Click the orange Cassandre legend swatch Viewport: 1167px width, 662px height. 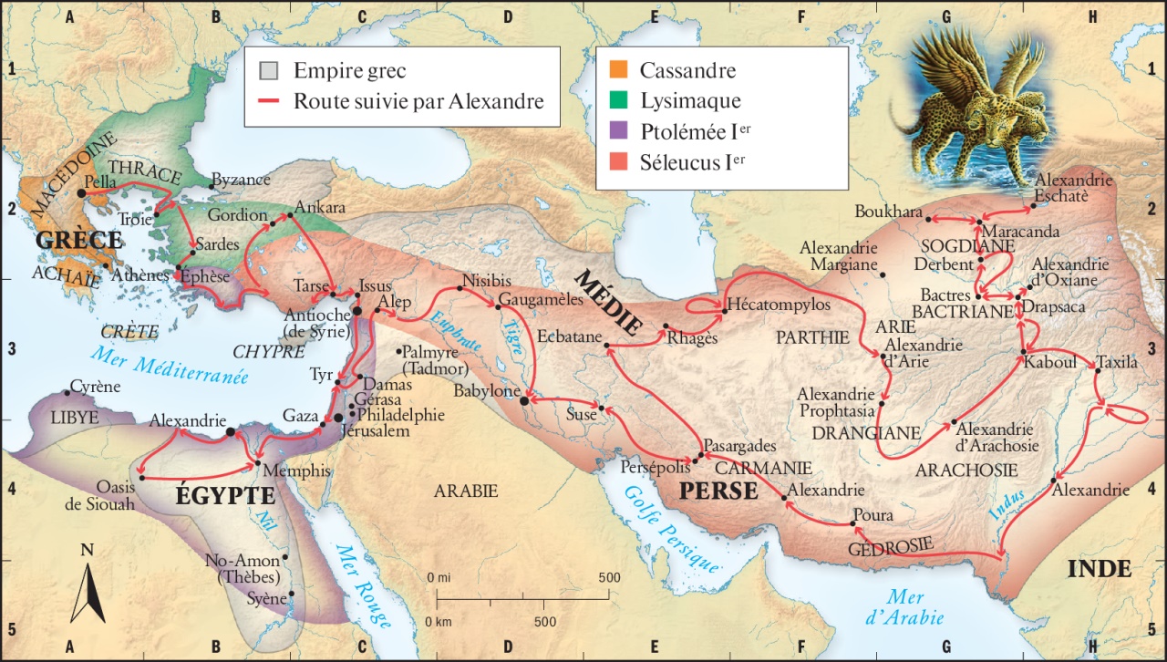pyautogui.click(x=619, y=70)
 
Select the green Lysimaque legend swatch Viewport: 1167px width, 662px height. pyautogui.click(x=619, y=101)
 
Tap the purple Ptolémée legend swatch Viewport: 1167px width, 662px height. pyautogui.click(x=619, y=132)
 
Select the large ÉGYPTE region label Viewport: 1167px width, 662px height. pyautogui.click(x=224, y=497)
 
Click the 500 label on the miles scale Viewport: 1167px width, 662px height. pyautogui.click(x=608, y=578)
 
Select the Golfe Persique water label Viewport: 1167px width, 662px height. pyautogui.click(x=672, y=528)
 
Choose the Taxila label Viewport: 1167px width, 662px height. pyautogui.click(x=1118, y=362)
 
